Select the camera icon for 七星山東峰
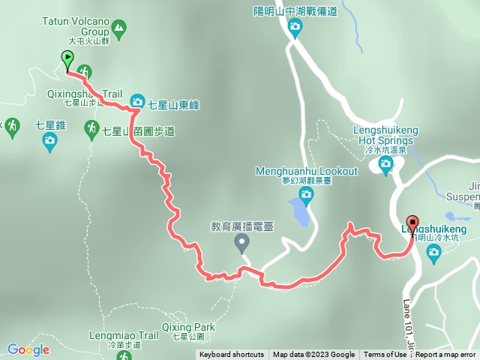click(x=137, y=100)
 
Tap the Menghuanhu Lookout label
click(x=307, y=171)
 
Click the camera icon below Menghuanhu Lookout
click(x=306, y=195)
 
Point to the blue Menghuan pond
click(x=299, y=214)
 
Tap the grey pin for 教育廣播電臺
click(x=241, y=241)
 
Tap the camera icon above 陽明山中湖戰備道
click(x=295, y=28)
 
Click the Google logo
click(x=28, y=349)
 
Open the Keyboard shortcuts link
click(x=232, y=355)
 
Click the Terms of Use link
click(x=385, y=355)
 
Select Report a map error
click(x=446, y=355)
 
